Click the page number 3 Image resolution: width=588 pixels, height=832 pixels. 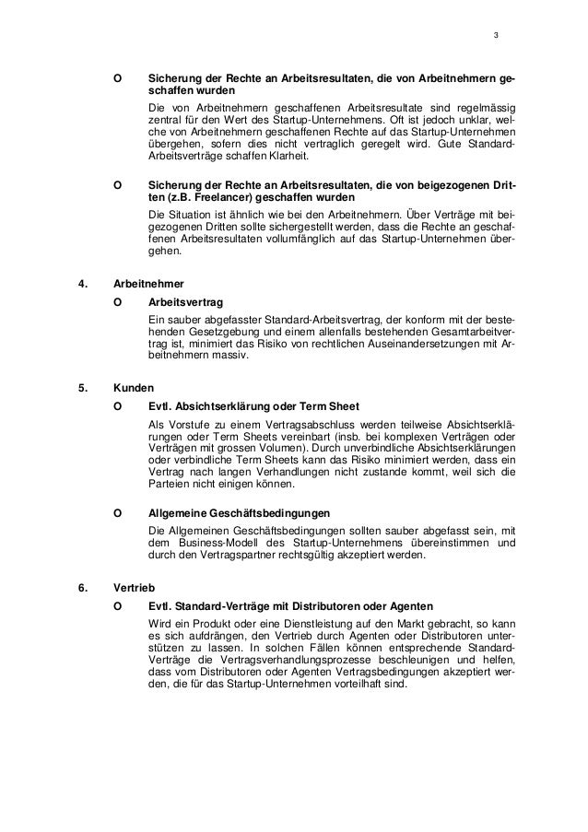(x=496, y=36)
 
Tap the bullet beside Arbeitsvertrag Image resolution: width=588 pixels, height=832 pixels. (x=116, y=301)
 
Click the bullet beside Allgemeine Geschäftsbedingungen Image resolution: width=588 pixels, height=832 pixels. (x=116, y=512)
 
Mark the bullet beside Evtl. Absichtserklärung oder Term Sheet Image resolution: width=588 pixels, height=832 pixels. (x=116, y=406)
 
